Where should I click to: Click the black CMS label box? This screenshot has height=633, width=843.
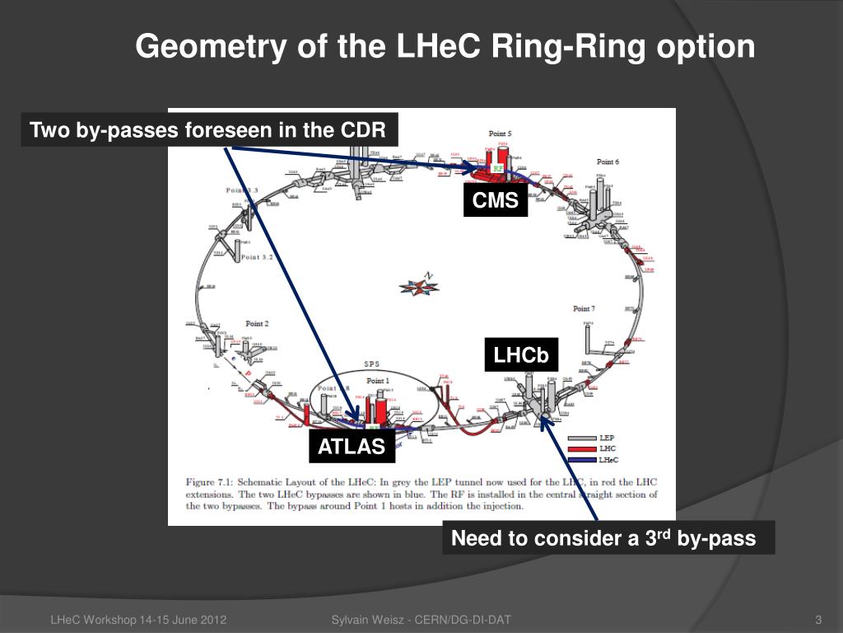point(495,199)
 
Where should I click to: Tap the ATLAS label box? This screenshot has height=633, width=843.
point(352,447)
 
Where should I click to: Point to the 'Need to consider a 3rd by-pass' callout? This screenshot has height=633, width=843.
point(608,539)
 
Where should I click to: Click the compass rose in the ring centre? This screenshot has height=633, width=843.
point(419,285)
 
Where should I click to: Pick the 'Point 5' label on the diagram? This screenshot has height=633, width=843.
point(501,134)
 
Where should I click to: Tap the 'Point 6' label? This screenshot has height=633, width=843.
point(608,162)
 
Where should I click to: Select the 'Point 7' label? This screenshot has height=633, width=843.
point(584,308)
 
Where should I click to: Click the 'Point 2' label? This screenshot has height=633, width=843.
point(257,324)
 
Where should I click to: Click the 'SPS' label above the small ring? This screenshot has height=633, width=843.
point(371,364)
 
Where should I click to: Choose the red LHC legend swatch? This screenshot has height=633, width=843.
point(585,448)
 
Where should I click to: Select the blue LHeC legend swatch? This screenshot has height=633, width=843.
point(585,458)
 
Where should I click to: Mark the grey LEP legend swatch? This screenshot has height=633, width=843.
point(585,438)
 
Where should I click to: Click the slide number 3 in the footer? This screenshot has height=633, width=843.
point(818,620)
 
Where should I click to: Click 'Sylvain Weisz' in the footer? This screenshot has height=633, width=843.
point(368,620)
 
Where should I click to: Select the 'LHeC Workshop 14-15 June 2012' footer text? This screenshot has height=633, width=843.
point(139,620)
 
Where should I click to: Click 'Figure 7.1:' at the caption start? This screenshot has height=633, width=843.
point(212,481)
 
